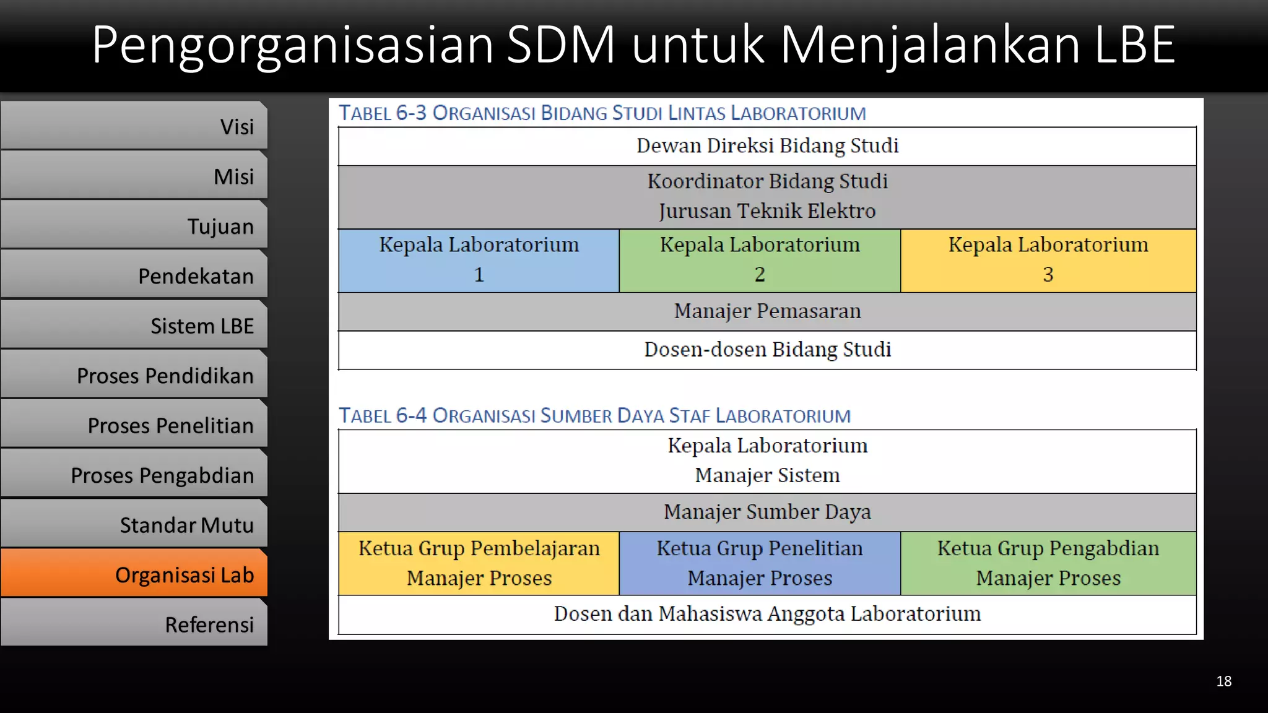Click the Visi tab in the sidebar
pos(134,126)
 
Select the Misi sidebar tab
pos(134,176)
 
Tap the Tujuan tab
pos(134,225)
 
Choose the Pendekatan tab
pos(134,275)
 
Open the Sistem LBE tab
pos(134,325)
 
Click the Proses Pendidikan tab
pos(134,375)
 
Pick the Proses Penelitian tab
pos(134,425)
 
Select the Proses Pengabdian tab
pos(134,475)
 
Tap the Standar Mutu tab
pos(134,524)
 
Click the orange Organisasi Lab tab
pos(134,574)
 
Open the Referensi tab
pos(134,624)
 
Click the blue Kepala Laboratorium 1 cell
pos(479,261)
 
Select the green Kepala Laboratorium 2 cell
pos(760,261)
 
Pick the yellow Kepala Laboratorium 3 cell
pos(1048,261)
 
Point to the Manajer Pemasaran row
pos(767,311)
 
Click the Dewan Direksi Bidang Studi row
pos(767,146)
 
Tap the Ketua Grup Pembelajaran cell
pos(479,563)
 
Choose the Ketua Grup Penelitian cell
pos(760,563)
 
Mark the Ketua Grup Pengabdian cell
pos(1048,563)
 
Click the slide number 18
pos(1223,681)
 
